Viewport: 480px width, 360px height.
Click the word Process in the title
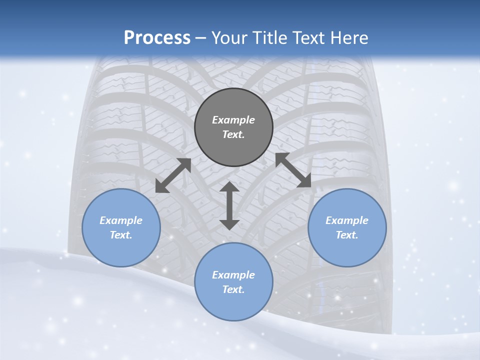157,38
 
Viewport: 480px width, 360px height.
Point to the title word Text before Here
309,38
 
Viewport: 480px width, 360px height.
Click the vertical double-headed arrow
229,205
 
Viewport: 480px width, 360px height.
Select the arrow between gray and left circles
173,175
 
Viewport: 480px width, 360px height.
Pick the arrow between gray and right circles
293,170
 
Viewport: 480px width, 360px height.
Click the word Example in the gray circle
233,120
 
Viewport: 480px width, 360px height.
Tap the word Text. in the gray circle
233,134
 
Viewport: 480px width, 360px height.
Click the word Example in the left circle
121,220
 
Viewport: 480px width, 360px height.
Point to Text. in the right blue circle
347,235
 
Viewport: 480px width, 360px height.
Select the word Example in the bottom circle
233,275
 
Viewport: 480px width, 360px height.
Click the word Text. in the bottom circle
233,289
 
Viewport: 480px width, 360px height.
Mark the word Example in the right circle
347,220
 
